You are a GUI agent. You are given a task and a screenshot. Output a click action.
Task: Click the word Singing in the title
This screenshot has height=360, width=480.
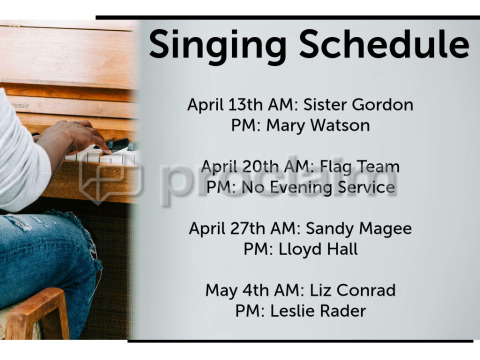click(217, 46)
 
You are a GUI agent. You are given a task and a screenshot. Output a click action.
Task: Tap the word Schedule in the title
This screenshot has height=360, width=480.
click(384, 44)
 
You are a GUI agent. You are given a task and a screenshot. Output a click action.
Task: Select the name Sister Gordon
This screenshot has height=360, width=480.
click(358, 104)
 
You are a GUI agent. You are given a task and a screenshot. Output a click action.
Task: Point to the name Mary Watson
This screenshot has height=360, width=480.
click(318, 125)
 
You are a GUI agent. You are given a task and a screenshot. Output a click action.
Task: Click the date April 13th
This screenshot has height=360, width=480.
click(225, 105)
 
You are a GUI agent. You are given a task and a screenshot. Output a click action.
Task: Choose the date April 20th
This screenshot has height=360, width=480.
click(239, 167)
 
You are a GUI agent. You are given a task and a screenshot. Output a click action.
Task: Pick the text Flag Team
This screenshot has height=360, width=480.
click(360, 167)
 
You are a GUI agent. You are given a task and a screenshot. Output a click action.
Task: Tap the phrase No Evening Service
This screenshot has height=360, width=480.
click(318, 187)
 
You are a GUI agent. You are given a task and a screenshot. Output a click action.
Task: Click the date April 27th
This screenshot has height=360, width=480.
click(227, 229)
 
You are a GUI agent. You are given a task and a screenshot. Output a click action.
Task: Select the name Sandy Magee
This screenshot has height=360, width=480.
click(359, 229)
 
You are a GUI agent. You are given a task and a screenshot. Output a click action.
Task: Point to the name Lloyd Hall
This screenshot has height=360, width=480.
click(318, 250)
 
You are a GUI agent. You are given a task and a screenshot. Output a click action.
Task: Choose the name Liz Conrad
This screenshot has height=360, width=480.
click(353, 290)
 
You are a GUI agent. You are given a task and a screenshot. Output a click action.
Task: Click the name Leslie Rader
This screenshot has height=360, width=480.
click(318, 311)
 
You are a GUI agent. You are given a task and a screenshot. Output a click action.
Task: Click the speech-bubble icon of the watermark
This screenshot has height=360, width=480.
click(111, 182)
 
